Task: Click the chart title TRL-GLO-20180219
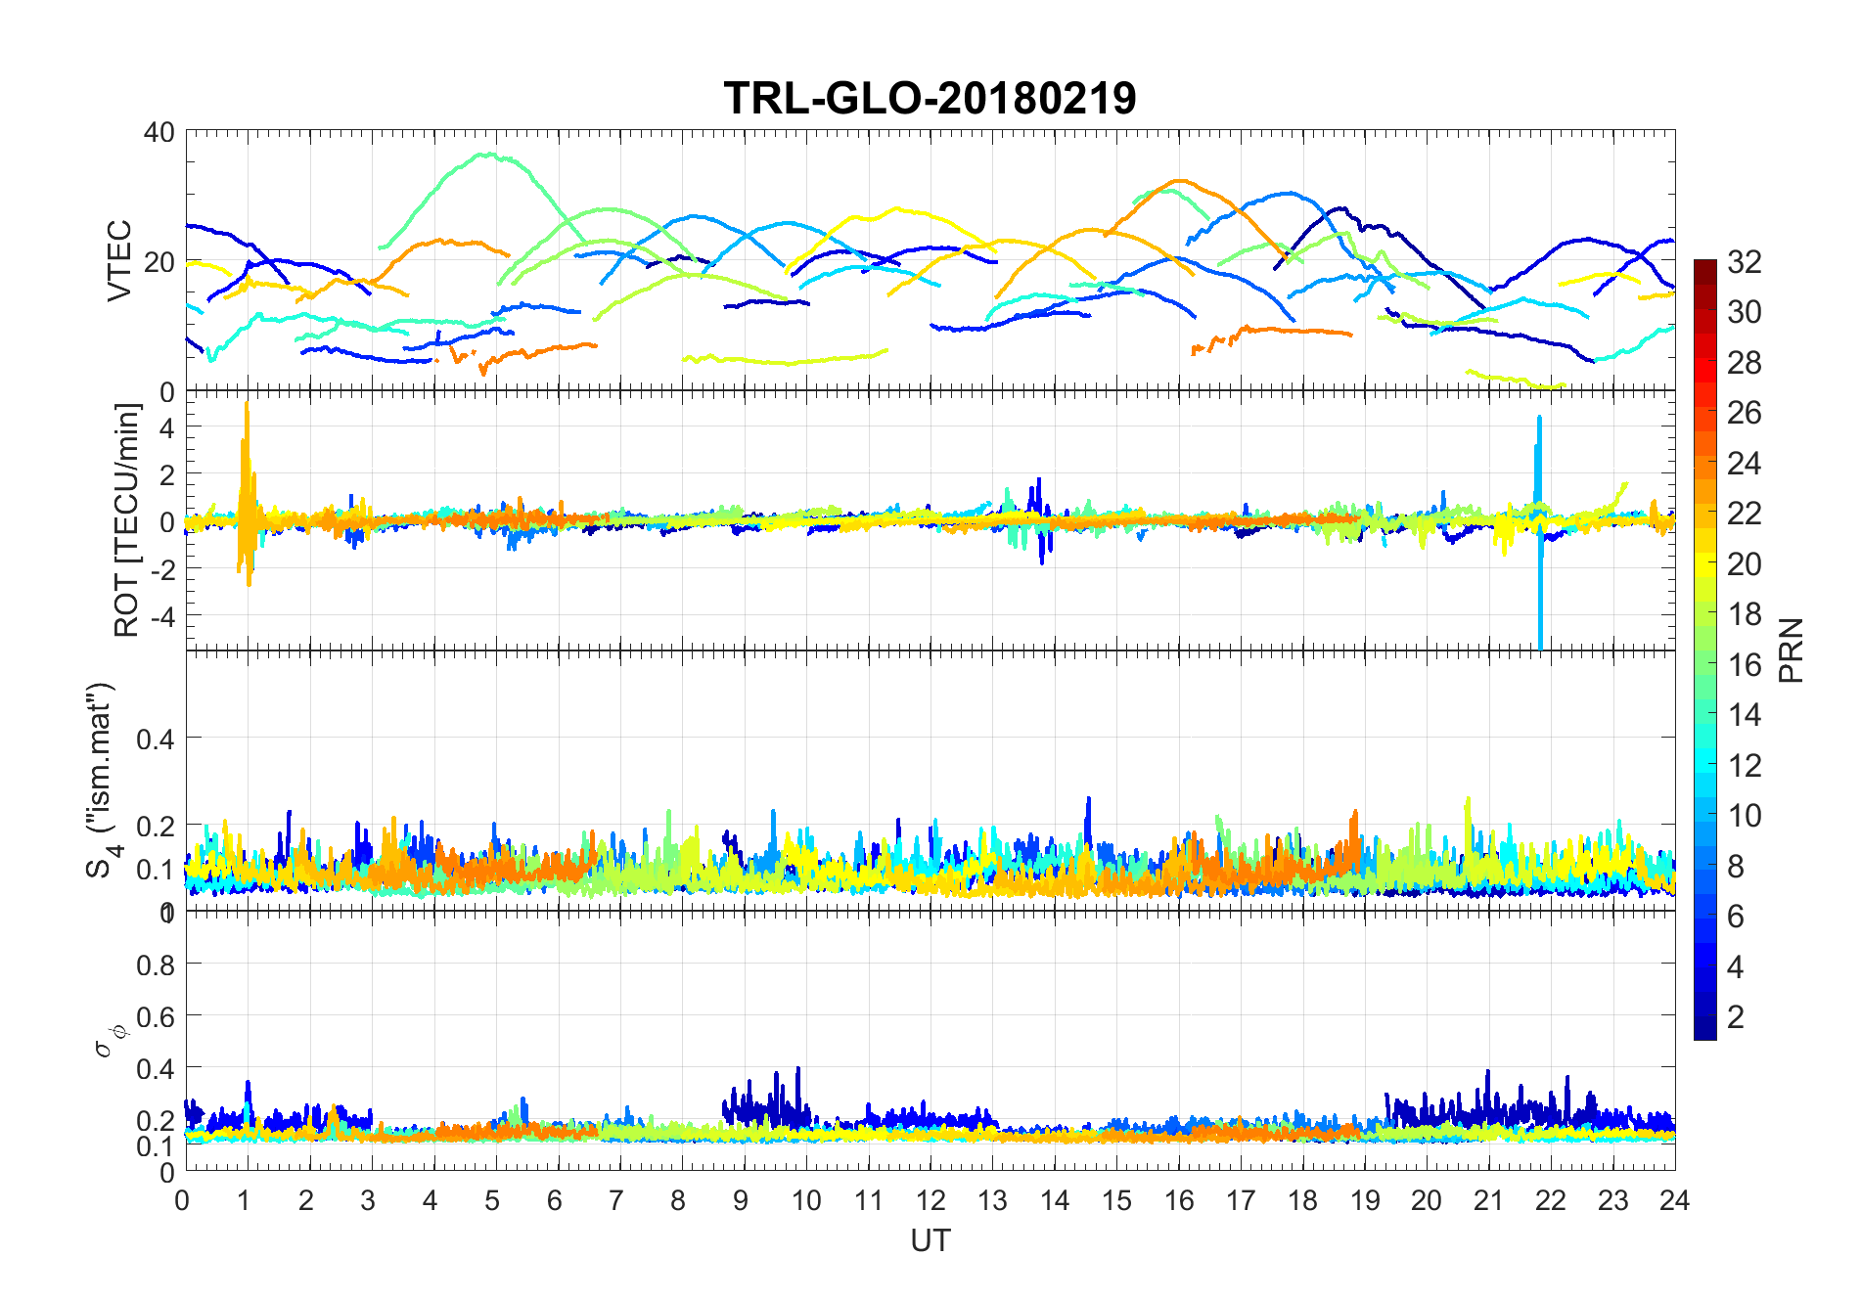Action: click(x=930, y=99)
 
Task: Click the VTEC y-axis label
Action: click(x=119, y=260)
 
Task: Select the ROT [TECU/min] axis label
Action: click(x=127, y=520)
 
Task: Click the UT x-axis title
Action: click(x=930, y=1240)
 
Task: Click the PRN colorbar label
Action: click(x=1791, y=650)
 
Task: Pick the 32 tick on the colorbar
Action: click(x=1744, y=262)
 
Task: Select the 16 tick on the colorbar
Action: click(x=1744, y=665)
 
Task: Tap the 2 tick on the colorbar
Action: click(x=1735, y=1017)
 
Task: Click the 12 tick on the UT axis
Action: click(x=930, y=1200)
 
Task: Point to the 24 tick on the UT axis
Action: click(x=1674, y=1200)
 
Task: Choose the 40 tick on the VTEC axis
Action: click(x=159, y=132)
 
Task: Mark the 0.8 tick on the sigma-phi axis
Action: click(x=156, y=965)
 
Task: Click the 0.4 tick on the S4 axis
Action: click(x=156, y=739)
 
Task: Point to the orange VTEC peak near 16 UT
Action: click(x=1179, y=181)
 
